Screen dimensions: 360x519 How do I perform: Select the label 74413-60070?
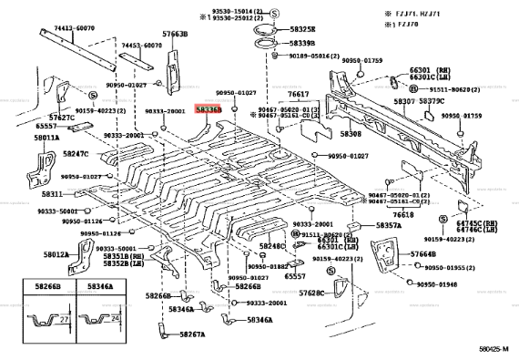pyautogui.click(x=50, y=29)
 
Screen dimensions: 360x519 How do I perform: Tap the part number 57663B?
pyautogui.click(x=175, y=34)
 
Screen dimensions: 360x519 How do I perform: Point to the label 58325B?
pyautogui.click(x=302, y=29)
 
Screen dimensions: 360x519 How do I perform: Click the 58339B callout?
pyautogui.click(x=301, y=43)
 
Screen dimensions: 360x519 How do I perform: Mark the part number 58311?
pyautogui.click(x=51, y=193)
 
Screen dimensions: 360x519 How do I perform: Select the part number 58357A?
pyautogui.click(x=388, y=225)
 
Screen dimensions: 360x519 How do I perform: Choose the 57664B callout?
pyautogui.click(x=422, y=254)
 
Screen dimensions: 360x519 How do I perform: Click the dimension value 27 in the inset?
pyautogui.click(x=67, y=321)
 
